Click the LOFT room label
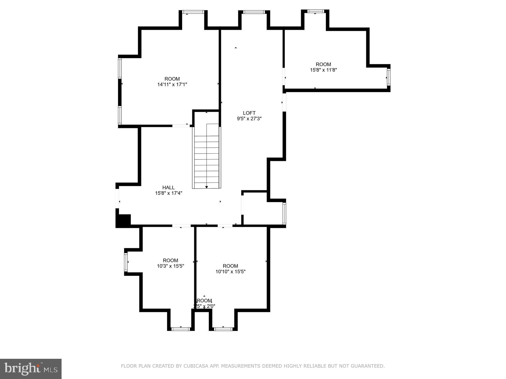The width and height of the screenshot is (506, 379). [249, 113]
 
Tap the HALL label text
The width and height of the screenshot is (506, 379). [168, 188]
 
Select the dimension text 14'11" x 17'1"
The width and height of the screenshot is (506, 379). [172, 84]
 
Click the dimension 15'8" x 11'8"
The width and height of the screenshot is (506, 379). [323, 70]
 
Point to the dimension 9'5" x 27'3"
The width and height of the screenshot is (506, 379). [249, 118]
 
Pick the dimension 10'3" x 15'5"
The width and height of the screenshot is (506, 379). [170, 266]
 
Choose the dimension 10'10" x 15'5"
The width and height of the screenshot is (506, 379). [231, 271]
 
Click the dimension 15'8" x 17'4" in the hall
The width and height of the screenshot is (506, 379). [168, 193]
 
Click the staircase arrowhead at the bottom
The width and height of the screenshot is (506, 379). [207, 187]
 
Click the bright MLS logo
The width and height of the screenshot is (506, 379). [31, 369]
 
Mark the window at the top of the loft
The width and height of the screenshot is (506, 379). [254, 12]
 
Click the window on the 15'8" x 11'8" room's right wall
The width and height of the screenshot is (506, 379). [388, 77]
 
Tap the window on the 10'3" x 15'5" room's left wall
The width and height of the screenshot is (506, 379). [126, 262]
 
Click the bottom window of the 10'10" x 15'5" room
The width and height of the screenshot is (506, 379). [223, 329]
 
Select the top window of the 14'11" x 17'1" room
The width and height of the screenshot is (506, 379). [193, 12]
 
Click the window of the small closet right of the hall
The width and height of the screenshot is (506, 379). [284, 213]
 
